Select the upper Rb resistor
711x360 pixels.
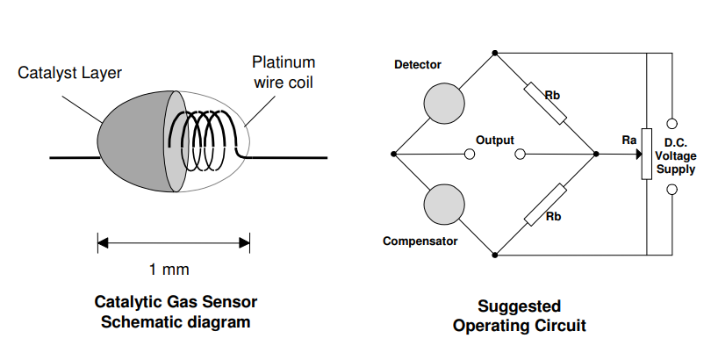[544, 103]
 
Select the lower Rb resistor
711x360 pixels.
[544, 205]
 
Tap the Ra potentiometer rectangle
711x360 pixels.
[646, 155]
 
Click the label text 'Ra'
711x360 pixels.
[628, 140]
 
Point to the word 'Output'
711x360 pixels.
[494, 140]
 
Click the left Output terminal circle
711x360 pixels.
[470, 155]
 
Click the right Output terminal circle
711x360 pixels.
[521, 155]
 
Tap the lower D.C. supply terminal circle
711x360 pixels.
[672, 189]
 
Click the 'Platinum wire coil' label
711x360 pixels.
[283, 72]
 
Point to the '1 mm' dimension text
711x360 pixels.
[169, 269]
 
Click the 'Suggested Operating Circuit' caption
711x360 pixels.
[519, 315]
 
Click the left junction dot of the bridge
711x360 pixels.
[393, 155]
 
